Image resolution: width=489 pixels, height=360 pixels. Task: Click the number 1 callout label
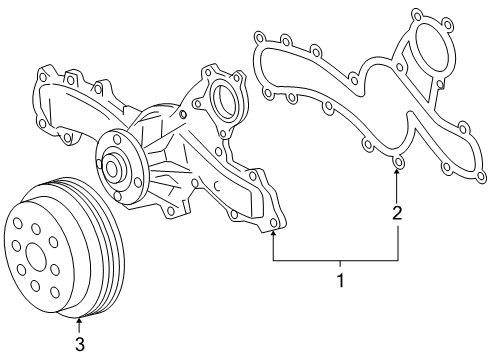click(340, 281)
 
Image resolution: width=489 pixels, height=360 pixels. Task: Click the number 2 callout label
click(397, 212)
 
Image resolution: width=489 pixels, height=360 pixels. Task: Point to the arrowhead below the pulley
click(79, 321)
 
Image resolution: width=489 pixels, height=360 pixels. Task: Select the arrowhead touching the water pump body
click(273, 235)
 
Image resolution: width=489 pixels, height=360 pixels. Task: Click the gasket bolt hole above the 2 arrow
click(397, 161)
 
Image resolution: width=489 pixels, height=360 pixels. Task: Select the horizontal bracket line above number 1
click(335, 259)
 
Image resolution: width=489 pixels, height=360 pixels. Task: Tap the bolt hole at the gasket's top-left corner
click(259, 40)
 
